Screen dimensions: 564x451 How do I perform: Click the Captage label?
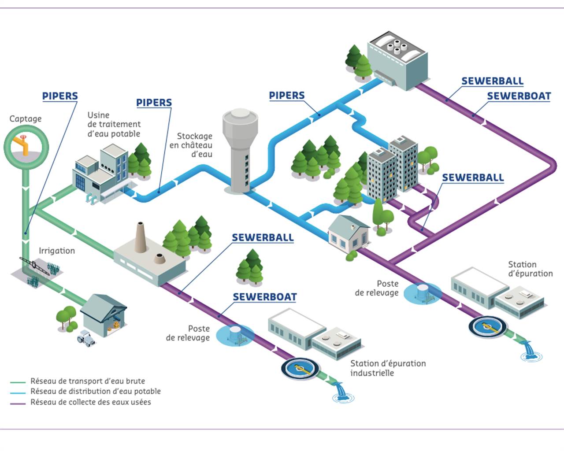(26, 119)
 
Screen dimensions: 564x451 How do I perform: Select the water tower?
(240, 151)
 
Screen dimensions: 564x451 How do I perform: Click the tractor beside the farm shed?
(85, 338)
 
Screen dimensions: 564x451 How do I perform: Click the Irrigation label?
(57, 251)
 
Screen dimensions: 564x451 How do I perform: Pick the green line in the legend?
(18, 382)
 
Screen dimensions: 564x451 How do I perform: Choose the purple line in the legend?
(18, 403)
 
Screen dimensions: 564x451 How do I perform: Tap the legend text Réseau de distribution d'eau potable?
(96, 391)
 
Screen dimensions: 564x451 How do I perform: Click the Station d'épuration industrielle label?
(388, 368)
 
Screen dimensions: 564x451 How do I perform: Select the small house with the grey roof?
(349, 234)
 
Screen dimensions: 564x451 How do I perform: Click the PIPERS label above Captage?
(60, 96)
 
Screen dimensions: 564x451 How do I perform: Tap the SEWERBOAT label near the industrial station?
(265, 297)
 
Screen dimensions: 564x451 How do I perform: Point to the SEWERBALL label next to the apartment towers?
(473, 177)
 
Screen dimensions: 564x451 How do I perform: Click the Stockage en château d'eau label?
(191, 145)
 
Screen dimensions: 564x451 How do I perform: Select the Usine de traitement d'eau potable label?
(114, 124)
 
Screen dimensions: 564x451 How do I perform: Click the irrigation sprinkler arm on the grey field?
(34, 266)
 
